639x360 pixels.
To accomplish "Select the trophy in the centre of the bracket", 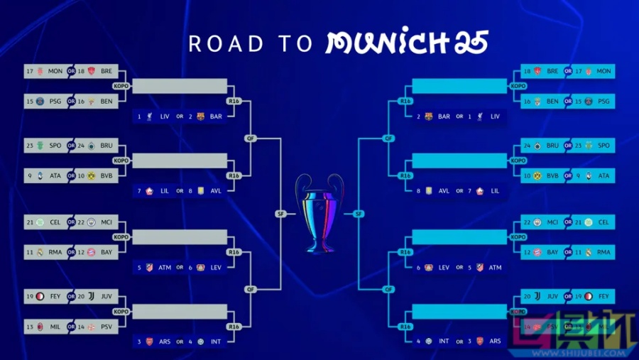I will tap(319, 213).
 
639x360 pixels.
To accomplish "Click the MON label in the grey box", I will tap(55, 72).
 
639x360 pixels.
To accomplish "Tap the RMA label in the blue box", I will tap(603, 252).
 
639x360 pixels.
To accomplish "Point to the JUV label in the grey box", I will tap(106, 296).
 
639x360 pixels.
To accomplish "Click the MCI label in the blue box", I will tap(552, 222).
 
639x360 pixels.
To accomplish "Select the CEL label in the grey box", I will tap(55, 222).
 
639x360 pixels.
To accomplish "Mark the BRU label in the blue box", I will tap(552, 146).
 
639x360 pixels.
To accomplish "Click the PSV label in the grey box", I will tap(106, 326).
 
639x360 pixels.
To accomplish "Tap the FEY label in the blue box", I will tap(603, 296).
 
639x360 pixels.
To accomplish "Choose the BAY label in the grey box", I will tap(106, 252).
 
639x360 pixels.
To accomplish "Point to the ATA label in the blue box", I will tap(603, 175).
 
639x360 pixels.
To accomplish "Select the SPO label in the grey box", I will tap(55, 146).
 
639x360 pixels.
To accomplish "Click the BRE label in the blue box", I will tap(552, 72).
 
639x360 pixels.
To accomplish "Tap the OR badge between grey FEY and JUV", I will tap(71, 296).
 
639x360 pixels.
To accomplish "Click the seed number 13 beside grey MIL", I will tap(30, 326).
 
